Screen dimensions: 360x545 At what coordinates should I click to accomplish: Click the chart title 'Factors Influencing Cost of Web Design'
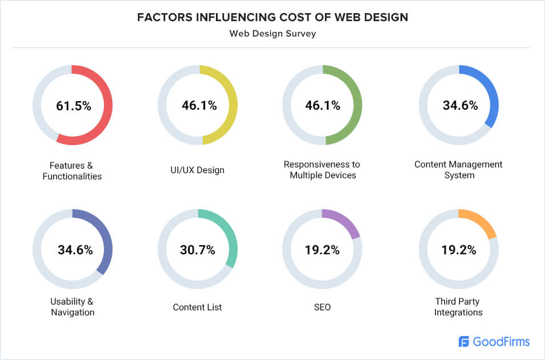tap(272, 17)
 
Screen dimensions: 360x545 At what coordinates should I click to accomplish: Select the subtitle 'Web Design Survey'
tap(272, 34)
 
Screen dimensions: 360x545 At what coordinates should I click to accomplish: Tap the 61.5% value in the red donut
tap(73, 106)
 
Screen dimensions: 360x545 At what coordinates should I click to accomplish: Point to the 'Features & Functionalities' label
tap(72, 170)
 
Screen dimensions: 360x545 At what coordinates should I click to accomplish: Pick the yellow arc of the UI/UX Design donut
tap(231, 106)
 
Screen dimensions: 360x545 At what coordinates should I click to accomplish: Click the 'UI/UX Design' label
tap(198, 170)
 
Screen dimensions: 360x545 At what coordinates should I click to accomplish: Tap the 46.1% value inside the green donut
tap(323, 106)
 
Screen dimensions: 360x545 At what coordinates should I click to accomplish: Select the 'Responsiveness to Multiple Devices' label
tap(323, 170)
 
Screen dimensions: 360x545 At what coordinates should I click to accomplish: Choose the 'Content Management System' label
tap(459, 170)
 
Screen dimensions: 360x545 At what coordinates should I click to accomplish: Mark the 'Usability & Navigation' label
tap(73, 307)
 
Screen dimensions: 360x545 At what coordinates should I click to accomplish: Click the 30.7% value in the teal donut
tap(198, 250)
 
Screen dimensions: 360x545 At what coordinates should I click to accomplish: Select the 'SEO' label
tap(322, 307)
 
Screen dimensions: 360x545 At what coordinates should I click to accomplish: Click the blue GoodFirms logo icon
tap(464, 342)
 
